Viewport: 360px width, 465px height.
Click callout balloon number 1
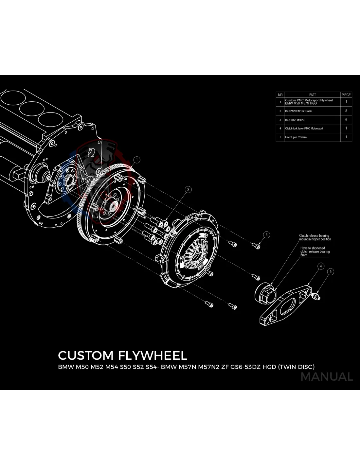(137, 160)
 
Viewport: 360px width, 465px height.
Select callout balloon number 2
(188, 189)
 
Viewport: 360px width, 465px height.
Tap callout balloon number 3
(266, 234)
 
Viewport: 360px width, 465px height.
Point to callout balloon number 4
(321, 266)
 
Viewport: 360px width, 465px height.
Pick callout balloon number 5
(331, 271)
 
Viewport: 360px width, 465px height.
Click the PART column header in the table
(312, 95)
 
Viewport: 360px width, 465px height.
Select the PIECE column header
(346, 95)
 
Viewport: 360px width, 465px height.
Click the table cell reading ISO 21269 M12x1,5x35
(298, 111)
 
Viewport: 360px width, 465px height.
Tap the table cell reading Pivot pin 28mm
(296, 137)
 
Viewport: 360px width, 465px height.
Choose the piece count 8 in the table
(346, 111)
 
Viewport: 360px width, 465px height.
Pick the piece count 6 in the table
(346, 120)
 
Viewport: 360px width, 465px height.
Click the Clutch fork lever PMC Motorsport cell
(304, 129)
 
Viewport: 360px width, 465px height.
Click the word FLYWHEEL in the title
(153, 355)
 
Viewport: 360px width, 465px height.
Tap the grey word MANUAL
(327, 377)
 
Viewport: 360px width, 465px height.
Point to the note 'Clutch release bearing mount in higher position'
(315, 237)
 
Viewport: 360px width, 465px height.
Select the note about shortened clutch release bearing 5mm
(315, 251)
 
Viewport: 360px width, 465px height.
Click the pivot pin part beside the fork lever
(317, 296)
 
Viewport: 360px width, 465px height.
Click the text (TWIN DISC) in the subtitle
(296, 367)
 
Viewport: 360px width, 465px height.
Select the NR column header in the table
(280, 95)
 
